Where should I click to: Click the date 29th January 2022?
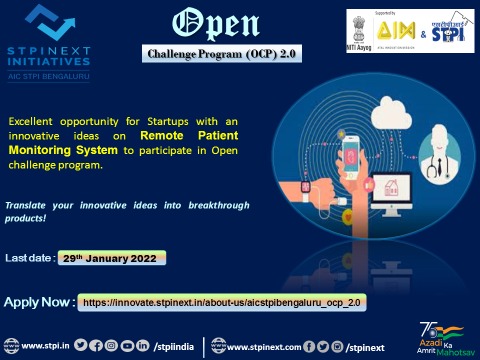coord(112,257)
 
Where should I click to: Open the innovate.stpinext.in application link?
coord(222,301)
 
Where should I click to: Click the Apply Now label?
coord(39,301)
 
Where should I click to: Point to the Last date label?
coord(30,258)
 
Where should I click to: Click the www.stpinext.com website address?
coord(264,347)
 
